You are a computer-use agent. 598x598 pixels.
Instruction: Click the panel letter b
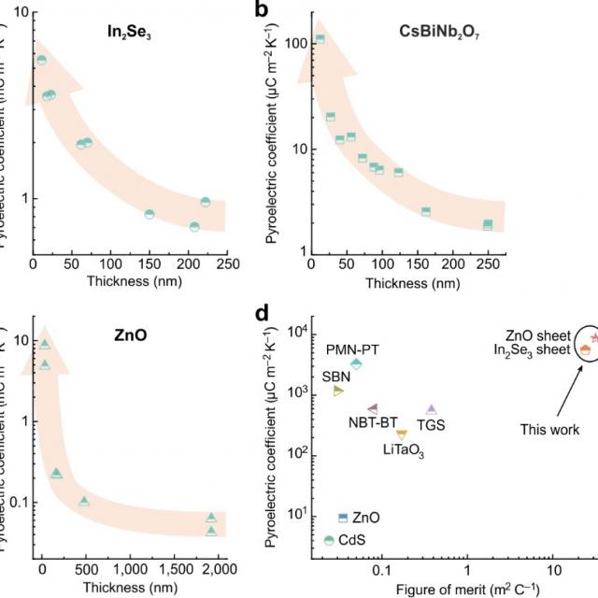tap(263, 11)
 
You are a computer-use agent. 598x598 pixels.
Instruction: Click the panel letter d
tap(263, 312)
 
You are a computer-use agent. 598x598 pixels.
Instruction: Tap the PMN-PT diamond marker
tap(356, 363)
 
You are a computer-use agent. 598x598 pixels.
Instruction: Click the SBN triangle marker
tap(338, 390)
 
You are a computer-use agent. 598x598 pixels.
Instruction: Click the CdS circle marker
tap(328, 540)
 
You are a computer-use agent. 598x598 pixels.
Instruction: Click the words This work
tap(548, 431)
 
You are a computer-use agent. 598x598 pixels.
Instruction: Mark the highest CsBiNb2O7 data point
tap(320, 39)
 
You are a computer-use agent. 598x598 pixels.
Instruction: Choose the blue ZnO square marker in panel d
tap(343, 517)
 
